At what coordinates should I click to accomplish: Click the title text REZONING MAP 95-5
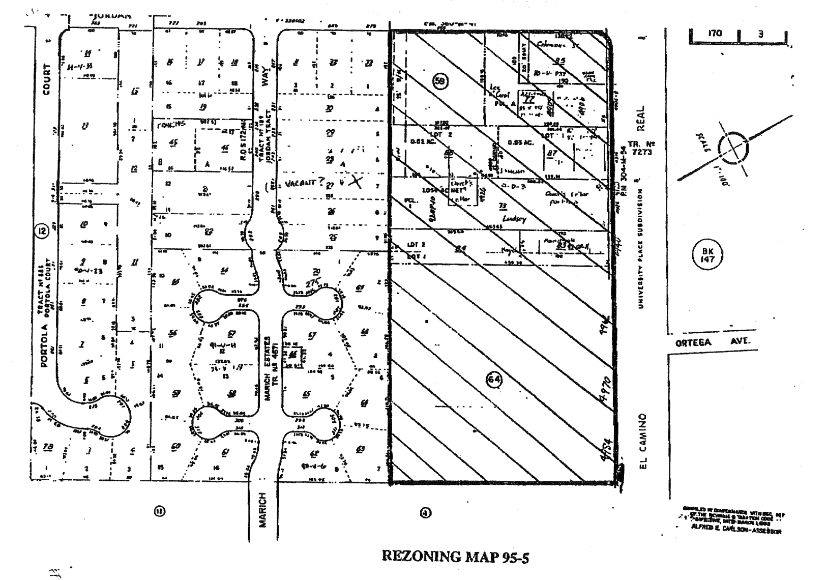tap(455, 556)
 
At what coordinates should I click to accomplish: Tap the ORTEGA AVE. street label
tap(713, 342)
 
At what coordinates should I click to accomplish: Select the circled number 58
tap(440, 81)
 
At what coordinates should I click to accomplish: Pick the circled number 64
tap(494, 380)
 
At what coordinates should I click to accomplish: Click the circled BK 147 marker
tap(707, 255)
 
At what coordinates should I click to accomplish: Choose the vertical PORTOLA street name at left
tap(46, 345)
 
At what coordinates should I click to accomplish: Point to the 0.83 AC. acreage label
tap(520, 143)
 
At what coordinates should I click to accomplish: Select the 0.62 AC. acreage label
tap(424, 143)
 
